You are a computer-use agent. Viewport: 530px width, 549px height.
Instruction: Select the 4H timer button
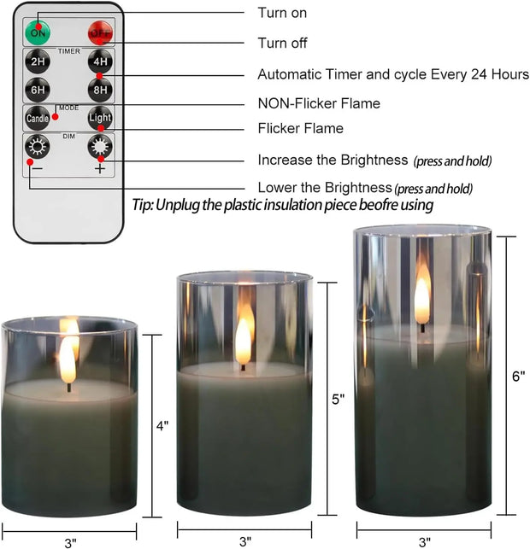click(100, 63)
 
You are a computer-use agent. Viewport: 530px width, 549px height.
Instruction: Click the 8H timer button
click(100, 90)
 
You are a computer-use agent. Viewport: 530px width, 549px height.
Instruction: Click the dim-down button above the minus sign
click(38, 146)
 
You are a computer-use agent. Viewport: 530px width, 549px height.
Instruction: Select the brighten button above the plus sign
click(100, 146)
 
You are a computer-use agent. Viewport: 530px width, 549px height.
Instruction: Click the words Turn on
click(282, 13)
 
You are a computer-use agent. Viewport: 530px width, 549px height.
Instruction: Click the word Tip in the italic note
click(142, 206)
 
